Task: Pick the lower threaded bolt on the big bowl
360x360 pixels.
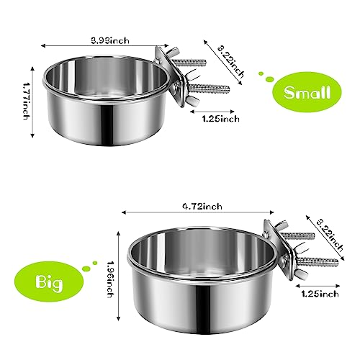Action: [x=317, y=260]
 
